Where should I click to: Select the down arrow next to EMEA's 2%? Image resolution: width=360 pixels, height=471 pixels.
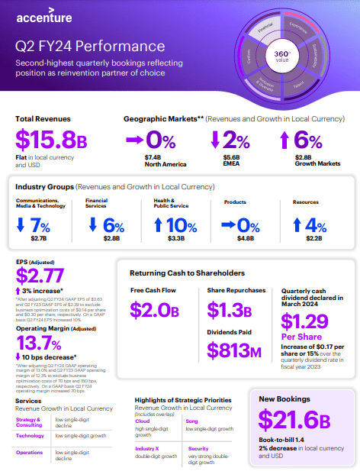tap(215, 140)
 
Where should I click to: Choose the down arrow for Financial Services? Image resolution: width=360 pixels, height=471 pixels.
tap(92, 225)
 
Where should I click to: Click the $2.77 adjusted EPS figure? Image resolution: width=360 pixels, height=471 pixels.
tap(41, 276)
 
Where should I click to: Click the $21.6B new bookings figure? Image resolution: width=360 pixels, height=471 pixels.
tap(294, 421)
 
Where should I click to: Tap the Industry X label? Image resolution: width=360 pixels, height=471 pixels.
tap(146, 449)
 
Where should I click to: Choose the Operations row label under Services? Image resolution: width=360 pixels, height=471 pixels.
tap(31, 453)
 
